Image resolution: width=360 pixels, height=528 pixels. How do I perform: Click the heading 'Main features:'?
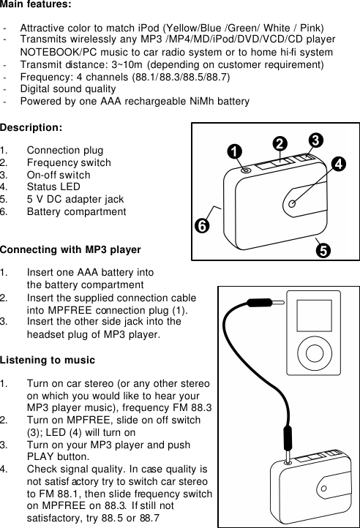point(36,5)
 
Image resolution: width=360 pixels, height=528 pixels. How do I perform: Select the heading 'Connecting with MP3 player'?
point(70,250)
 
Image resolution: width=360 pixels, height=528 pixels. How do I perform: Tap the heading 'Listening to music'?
point(48,361)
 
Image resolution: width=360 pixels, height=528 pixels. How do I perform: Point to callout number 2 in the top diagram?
point(278,142)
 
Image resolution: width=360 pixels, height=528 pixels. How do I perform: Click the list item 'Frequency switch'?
point(69,163)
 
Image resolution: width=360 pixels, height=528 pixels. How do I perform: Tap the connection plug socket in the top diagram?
point(246,170)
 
